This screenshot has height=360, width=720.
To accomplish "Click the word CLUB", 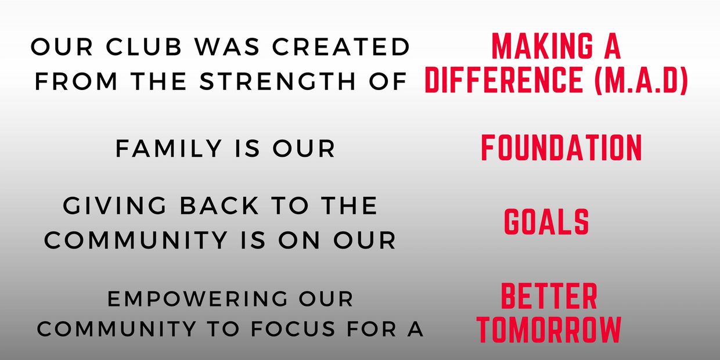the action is click(144, 46).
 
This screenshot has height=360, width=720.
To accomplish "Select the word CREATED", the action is click(341, 46).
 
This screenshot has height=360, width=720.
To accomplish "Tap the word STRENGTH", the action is click(278, 81).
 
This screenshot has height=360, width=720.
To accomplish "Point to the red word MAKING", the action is click(542, 46).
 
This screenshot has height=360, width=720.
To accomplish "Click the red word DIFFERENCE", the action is click(504, 80).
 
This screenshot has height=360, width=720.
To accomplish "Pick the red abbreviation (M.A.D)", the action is click(641, 80).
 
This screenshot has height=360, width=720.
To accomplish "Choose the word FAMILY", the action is click(169, 149).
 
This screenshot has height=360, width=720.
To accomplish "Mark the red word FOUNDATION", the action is click(561, 147).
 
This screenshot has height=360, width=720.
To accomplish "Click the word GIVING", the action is click(115, 206).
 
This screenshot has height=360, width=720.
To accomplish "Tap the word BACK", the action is click(219, 206).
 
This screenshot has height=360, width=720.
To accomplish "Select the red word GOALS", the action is click(546, 221).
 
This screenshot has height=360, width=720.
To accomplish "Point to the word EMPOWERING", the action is click(197, 299).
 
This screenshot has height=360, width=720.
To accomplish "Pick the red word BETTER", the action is click(549, 296).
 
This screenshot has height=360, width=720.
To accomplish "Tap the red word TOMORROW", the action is click(549, 329).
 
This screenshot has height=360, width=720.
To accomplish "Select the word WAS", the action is click(227, 46).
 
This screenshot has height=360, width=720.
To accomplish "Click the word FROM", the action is click(76, 81).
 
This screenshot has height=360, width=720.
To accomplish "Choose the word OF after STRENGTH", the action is click(388, 81).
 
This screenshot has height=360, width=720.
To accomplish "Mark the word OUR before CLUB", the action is click(62, 46).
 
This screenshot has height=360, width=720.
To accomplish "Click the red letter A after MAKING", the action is click(613, 46).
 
